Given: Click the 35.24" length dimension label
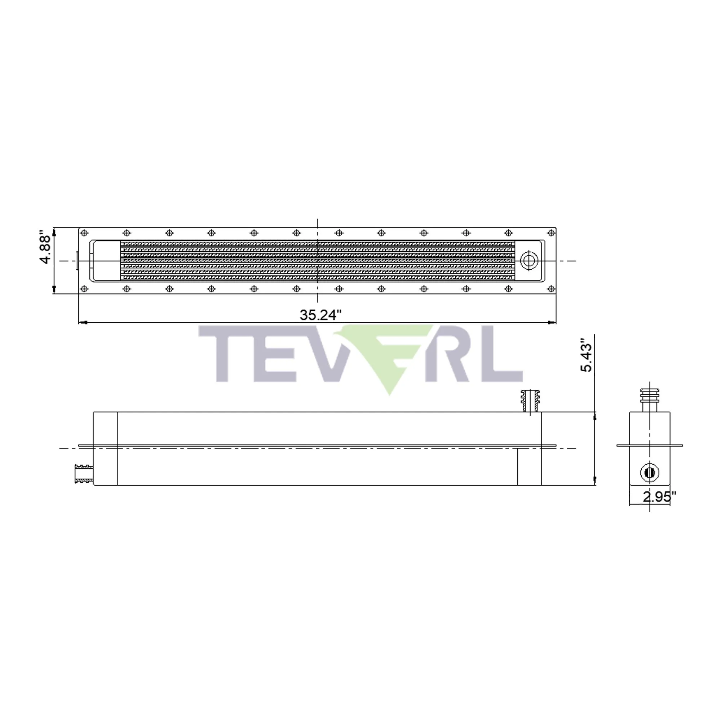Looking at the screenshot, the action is pos(320,315).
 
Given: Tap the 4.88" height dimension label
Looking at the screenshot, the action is pos(45,249).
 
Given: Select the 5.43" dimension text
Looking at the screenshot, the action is pos(586,355).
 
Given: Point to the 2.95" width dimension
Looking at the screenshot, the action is pos(659,497).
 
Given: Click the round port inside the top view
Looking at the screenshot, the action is pos(529,261).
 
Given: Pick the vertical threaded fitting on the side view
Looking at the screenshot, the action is pos(530,401).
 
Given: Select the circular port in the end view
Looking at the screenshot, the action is pos(650,473).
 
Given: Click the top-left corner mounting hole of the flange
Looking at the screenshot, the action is pos(84,233).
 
